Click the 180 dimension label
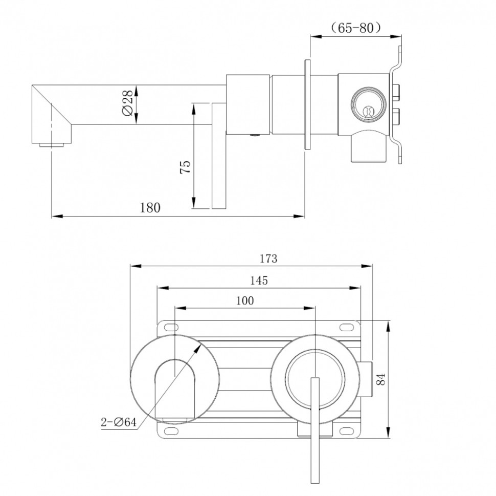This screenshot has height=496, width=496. (150, 207)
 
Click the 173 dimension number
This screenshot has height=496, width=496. (268, 258)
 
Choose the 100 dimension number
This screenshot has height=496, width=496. (244, 301)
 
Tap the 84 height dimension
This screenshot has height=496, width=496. (380, 379)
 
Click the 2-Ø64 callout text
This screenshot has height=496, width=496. (118, 422)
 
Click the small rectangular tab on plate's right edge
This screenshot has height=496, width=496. (368, 379)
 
